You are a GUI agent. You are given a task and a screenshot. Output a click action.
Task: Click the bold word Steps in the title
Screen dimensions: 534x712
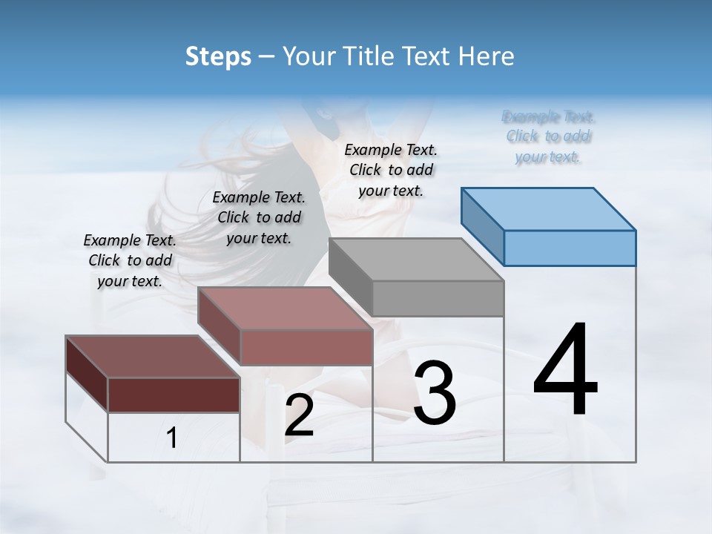tap(218, 56)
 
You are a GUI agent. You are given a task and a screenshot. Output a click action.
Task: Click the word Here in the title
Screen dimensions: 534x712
tap(486, 56)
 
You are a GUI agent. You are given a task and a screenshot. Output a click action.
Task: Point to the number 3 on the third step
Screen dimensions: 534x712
tap(435, 392)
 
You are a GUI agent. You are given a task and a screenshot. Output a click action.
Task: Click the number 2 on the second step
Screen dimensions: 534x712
tap(299, 415)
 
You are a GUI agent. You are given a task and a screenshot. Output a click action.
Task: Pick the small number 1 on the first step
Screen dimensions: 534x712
tap(172, 438)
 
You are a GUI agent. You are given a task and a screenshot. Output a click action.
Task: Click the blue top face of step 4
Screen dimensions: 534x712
tap(549, 209)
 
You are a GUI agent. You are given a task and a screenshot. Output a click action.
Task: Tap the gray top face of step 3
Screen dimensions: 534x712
tap(416, 260)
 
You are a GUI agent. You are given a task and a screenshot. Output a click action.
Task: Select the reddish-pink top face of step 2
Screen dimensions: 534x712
tap(285, 309)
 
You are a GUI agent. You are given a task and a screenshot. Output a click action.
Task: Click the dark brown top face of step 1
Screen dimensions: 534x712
tap(153, 357)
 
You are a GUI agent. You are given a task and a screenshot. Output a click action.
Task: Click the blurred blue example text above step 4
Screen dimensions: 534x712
tap(548, 136)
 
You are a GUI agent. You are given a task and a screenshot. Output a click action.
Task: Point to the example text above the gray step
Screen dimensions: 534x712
tap(391, 170)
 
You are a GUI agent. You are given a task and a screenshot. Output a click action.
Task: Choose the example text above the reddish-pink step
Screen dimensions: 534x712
tap(259, 217)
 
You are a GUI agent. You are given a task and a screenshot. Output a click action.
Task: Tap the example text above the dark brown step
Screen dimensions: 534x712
tap(130, 260)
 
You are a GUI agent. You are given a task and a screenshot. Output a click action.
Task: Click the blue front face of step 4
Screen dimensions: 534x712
tap(570, 248)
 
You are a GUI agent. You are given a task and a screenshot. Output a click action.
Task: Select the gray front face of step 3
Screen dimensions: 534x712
tap(438, 298)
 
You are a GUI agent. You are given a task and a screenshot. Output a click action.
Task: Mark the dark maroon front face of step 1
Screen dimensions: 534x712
tap(174, 395)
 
